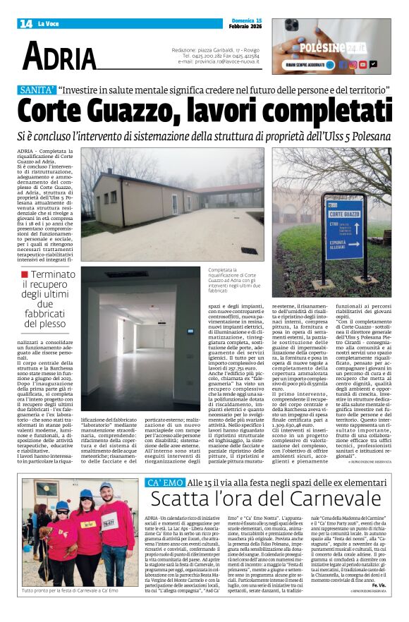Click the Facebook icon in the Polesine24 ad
[342, 64]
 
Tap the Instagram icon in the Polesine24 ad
[353, 64]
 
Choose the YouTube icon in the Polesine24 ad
[363, 64]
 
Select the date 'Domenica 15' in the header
[247, 20]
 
